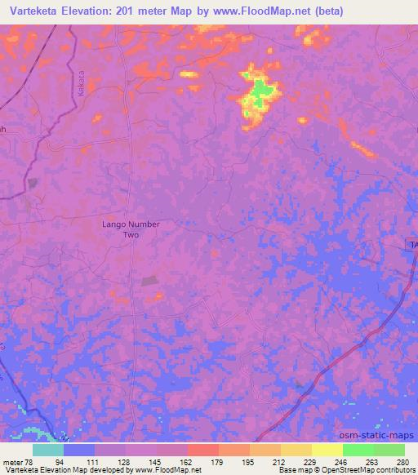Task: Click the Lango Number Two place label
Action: tap(131, 229)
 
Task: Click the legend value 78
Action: tap(29, 461)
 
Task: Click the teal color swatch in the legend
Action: tap(48, 450)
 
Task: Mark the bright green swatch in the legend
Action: tap(358, 450)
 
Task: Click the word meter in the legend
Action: tap(12, 461)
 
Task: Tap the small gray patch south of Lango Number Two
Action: tap(150, 281)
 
